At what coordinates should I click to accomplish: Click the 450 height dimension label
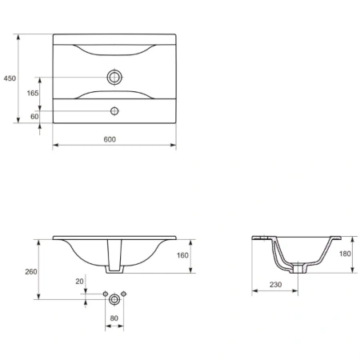[x=10, y=78]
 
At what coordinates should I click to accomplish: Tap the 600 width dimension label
[x=110, y=139]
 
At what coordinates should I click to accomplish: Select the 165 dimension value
[x=33, y=93]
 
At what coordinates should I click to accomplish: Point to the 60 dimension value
[x=34, y=117]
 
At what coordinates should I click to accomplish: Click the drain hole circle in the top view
[x=114, y=78]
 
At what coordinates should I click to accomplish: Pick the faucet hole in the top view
[x=114, y=111]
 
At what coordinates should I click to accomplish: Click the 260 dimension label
[x=31, y=272]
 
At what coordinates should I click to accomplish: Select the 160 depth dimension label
[x=182, y=255]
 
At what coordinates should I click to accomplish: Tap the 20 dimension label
[x=79, y=282]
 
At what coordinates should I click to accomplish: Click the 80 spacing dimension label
[x=114, y=318]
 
